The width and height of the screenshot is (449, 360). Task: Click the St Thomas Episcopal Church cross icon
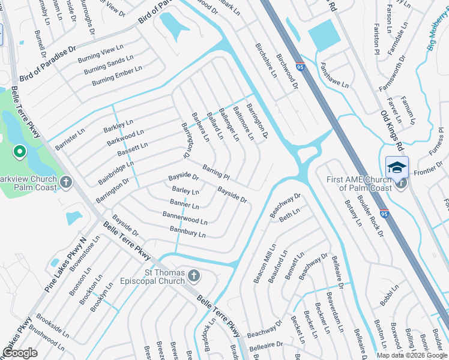pyautogui.click(x=193, y=275)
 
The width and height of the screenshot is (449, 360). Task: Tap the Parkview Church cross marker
pyautogui.click(x=66, y=181)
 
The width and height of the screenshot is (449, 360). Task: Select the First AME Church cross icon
pyautogui.click(x=401, y=186)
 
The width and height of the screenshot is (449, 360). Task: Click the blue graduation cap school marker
pyautogui.click(x=397, y=167)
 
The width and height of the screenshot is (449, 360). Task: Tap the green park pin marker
pyautogui.click(x=19, y=152)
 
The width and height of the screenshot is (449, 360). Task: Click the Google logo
pyautogui.click(x=20, y=353)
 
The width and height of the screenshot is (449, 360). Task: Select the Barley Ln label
pyautogui.click(x=185, y=191)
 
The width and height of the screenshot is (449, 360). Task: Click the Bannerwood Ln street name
pyautogui.click(x=184, y=217)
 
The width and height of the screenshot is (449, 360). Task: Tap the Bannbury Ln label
pyautogui.click(x=187, y=231)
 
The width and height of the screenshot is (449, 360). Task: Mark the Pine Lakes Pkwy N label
pyautogui.click(x=66, y=265)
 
